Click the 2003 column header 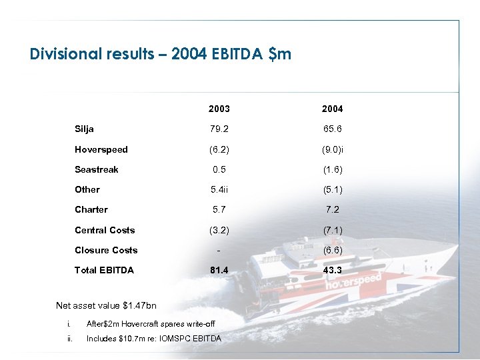point(219,109)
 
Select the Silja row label point(84,129)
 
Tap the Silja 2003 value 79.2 point(219,129)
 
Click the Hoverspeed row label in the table point(101,149)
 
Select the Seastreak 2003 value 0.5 point(219,169)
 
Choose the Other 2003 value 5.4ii point(220,189)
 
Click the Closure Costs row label point(106,250)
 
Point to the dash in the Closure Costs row point(219,251)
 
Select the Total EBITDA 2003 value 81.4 point(219,270)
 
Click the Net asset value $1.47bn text point(106,306)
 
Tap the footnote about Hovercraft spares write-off point(151,324)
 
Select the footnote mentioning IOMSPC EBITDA point(154,339)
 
